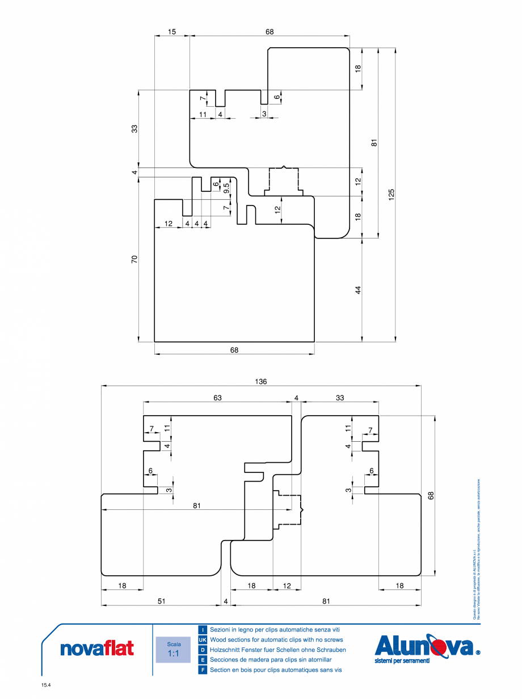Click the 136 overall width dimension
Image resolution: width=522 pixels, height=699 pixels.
(x=261, y=382)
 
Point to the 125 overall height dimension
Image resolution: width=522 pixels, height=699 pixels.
(x=392, y=194)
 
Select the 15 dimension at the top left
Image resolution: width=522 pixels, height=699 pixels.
(x=172, y=32)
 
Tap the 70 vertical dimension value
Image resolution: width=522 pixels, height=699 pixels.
(x=134, y=259)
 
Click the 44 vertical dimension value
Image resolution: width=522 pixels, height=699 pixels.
(x=358, y=290)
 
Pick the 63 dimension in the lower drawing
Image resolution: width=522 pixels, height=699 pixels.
(x=217, y=398)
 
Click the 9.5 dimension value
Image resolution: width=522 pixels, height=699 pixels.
(x=226, y=187)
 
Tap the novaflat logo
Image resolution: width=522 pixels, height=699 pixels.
(x=97, y=648)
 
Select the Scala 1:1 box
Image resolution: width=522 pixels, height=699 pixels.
(x=174, y=650)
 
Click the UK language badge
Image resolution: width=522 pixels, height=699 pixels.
(x=203, y=640)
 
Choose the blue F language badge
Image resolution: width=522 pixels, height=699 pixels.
(x=203, y=670)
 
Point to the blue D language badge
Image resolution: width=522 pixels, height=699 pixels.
(x=203, y=650)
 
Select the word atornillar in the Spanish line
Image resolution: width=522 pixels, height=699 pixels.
(x=319, y=660)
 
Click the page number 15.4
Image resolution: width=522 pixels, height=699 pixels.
(x=46, y=685)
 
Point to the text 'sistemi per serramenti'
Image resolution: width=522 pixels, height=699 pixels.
(x=402, y=661)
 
